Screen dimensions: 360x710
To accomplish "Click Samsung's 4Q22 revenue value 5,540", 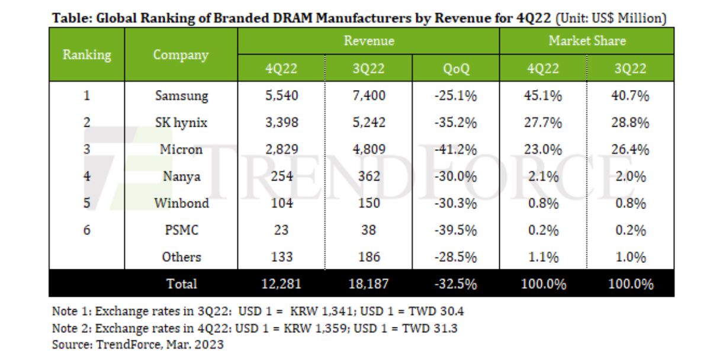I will [x=281, y=96].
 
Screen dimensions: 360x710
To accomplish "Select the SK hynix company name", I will [x=181, y=123].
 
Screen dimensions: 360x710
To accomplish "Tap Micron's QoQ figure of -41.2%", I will [x=455, y=150].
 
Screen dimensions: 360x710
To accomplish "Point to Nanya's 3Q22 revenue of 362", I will [x=369, y=176].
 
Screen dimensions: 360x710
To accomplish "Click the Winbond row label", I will [x=181, y=203].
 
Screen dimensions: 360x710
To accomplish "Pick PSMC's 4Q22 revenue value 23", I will [x=281, y=230].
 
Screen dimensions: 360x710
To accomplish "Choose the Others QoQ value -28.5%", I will [x=455, y=257].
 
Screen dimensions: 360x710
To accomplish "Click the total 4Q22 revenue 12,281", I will [x=281, y=284].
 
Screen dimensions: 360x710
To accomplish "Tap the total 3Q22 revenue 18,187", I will [x=369, y=284].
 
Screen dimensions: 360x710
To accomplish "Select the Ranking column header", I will [x=87, y=55].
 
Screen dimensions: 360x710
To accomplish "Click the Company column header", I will [x=181, y=55].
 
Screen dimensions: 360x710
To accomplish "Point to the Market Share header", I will [x=587, y=41].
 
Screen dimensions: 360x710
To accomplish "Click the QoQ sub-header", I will [x=455, y=69].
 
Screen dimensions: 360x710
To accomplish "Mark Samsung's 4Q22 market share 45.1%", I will [x=544, y=96].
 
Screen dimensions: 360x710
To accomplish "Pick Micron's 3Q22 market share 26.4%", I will [x=630, y=150].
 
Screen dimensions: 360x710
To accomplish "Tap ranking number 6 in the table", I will [x=87, y=230].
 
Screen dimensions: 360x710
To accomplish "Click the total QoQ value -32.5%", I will [x=455, y=284].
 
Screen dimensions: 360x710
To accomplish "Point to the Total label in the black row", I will [x=181, y=284].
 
